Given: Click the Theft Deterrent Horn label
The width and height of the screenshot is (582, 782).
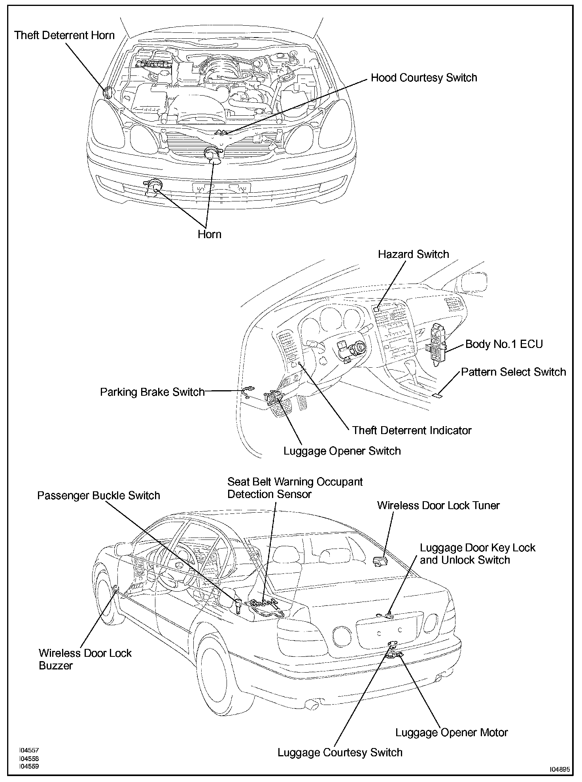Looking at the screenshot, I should [64, 36].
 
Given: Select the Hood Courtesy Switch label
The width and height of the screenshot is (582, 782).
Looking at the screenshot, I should [423, 78].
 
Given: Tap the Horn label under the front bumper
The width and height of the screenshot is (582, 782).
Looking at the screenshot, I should [209, 234].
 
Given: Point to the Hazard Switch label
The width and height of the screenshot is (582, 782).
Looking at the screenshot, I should [413, 254].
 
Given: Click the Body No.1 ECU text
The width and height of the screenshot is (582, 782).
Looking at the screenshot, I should [504, 344].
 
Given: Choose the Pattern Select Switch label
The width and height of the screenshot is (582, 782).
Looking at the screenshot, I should [513, 372].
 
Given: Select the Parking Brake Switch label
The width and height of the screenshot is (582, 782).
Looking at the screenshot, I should [152, 392].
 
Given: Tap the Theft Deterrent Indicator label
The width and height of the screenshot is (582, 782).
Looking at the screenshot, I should [412, 430].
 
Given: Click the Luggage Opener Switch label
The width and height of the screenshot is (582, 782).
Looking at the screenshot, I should [342, 451].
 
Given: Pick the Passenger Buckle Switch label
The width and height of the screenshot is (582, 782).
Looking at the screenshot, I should [98, 496].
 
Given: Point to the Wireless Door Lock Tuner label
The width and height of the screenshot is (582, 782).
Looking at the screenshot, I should [438, 506].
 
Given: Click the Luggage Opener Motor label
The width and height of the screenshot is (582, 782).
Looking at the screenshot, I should [452, 733].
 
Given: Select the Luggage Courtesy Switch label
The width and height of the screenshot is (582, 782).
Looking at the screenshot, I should [340, 752].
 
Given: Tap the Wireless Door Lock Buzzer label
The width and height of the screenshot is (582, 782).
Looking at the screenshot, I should [85, 659].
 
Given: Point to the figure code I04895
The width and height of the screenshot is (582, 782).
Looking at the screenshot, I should [559, 769].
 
